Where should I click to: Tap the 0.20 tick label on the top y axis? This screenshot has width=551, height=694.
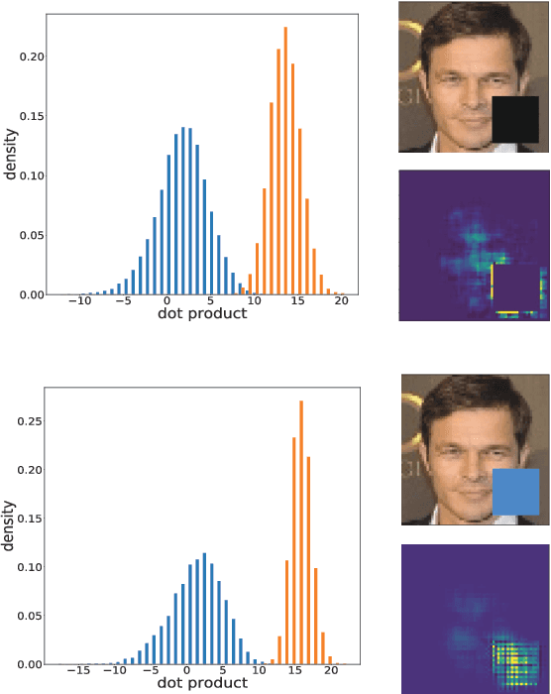(x=30, y=57)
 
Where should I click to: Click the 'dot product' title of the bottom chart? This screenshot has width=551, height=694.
(x=203, y=684)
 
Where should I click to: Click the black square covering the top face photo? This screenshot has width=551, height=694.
(x=514, y=119)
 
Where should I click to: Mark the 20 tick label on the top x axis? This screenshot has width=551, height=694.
(x=340, y=301)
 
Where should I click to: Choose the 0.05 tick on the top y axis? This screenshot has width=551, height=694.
(x=30, y=235)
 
